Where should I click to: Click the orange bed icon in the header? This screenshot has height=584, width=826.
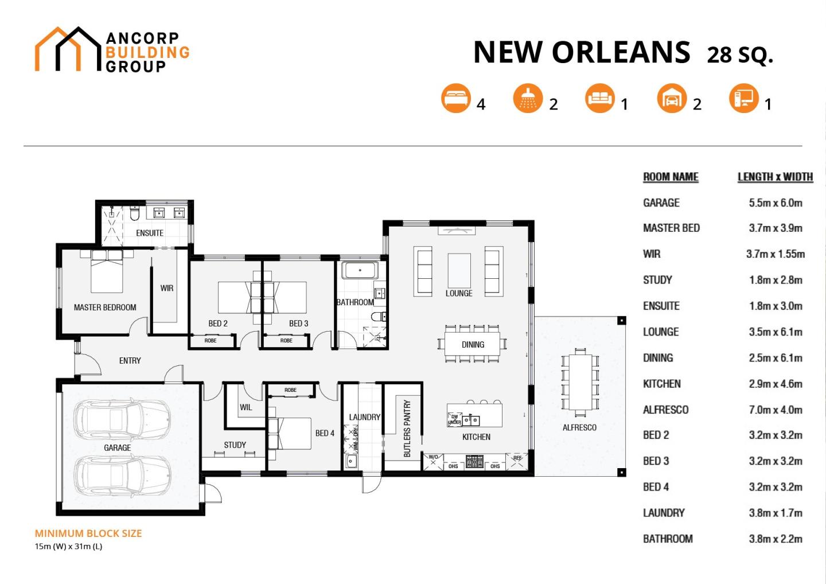[x=456, y=98]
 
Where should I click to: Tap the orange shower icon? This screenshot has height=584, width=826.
[x=528, y=98]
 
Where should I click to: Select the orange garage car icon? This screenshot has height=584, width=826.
[x=672, y=98]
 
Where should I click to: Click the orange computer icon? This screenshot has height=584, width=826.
[x=743, y=98]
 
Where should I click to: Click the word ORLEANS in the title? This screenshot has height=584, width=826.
[x=621, y=52]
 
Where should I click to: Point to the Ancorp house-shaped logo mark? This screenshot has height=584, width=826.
[x=68, y=49]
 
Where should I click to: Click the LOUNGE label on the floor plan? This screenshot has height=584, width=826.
[x=459, y=293]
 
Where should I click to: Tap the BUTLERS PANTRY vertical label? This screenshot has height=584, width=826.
[x=407, y=428]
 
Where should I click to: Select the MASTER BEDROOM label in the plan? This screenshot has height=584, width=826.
[x=105, y=307]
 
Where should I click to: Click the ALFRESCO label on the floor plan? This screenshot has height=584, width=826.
[x=579, y=427]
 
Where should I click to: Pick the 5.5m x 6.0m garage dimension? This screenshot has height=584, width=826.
[x=775, y=203]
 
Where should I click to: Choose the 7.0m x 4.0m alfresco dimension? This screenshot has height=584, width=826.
[x=775, y=410]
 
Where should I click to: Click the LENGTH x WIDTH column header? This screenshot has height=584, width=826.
[x=775, y=177]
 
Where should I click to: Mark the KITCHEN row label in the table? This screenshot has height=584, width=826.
[x=661, y=384]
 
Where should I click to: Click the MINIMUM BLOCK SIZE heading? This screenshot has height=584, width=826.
[x=88, y=533]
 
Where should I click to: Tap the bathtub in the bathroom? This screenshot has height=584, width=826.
[x=360, y=270]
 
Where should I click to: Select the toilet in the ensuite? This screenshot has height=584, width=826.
[x=135, y=213]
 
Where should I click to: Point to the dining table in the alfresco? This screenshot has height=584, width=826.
[x=580, y=381]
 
